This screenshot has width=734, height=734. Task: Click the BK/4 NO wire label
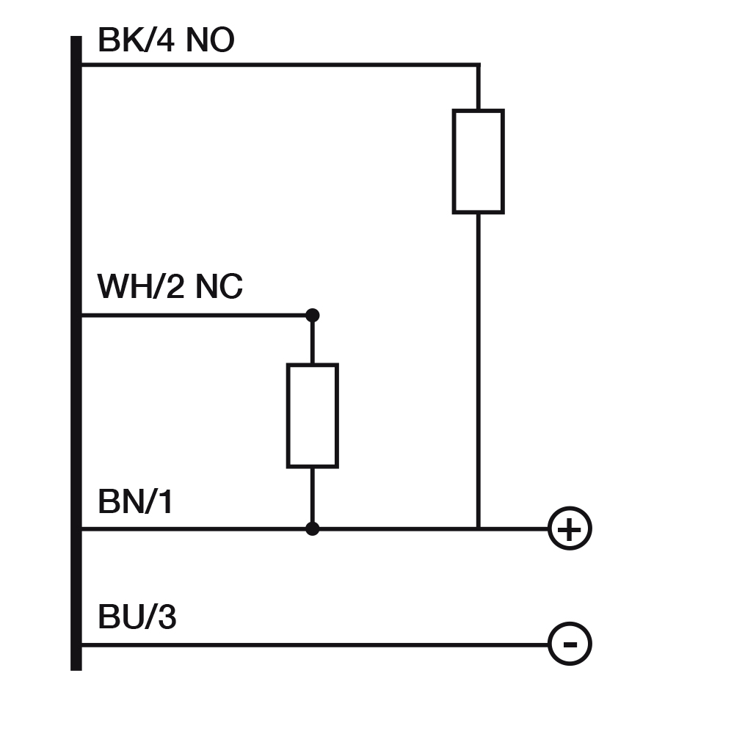(x=166, y=41)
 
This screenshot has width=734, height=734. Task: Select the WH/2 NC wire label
(x=170, y=287)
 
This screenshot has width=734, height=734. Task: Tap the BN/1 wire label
(x=136, y=503)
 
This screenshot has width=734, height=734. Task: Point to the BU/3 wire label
(x=137, y=618)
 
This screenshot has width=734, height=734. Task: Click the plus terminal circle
(x=570, y=528)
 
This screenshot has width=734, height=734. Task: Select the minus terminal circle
(x=570, y=644)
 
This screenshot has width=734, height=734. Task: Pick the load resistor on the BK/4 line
(x=478, y=161)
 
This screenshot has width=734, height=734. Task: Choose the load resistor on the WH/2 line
(x=312, y=415)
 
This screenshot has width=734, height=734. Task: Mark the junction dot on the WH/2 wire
(x=312, y=316)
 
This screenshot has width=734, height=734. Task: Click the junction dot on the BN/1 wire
(x=312, y=528)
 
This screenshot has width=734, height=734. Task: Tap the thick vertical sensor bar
(x=76, y=352)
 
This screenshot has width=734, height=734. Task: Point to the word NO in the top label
(x=210, y=41)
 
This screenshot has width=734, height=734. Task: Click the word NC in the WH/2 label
(x=219, y=287)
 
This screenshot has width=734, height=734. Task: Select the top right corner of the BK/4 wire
(x=478, y=65)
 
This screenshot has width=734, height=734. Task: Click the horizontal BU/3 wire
(x=316, y=644)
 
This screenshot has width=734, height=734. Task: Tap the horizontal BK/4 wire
(x=279, y=65)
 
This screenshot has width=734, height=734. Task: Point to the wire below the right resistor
(x=478, y=367)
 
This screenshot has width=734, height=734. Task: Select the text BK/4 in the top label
(x=137, y=41)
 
